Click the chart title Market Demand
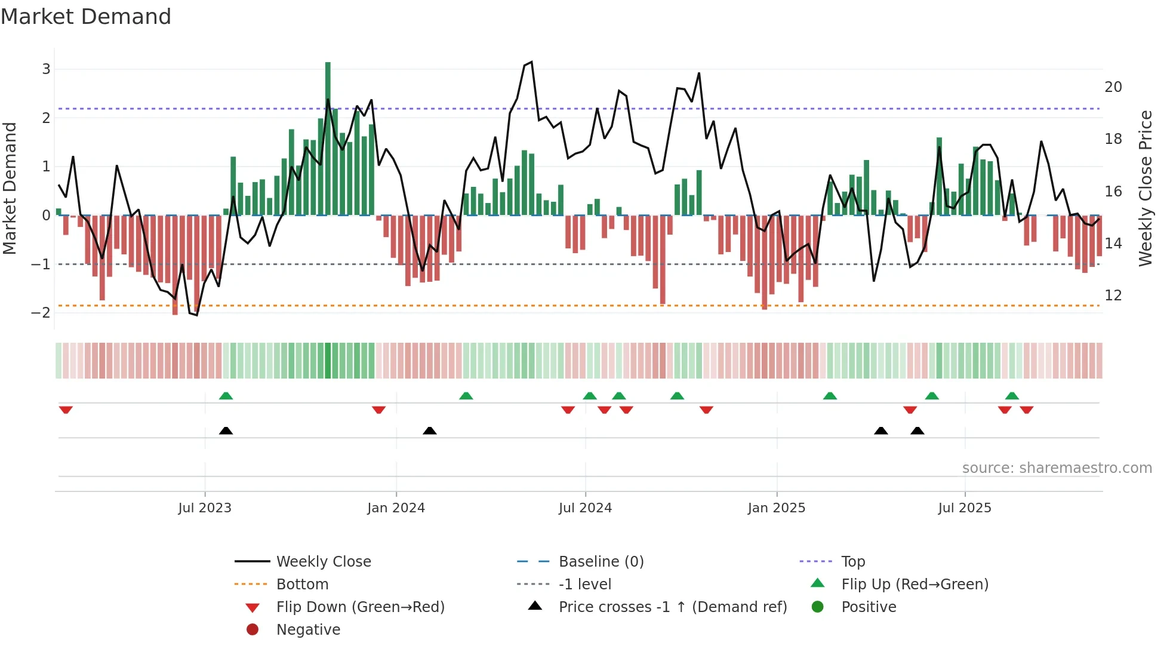pyautogui.click(x=86, y=17)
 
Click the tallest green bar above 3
pyautogui.click(x=328, y=137)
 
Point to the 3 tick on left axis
pyautogui.click(x=46, y=69)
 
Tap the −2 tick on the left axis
pyautogui.click(x=42, y=312)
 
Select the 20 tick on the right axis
pyautogui.click(x=1113, y=87)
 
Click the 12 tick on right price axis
pyautogui.click(x=1113, y=296)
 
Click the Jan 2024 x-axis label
pyautogui.click(x=396, y=508)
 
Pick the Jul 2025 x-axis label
pyautogui.click(x=964, y=508)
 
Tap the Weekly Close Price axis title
pyautogui.click(x=1145, y=188)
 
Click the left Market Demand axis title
pyautogui.click(x=10, y=188)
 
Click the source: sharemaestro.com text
pyautogui.click(x=1057, y=468)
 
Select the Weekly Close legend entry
pyautogui.click(x=323, y=562)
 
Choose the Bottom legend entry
pyautogui.click(x=302, y=585)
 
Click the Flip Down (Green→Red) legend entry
pyautogui.click(x=360, y=607)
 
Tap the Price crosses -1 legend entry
pyautogui.click(x=672, y=607)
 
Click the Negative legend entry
pyautogui.click(x=308, y=630)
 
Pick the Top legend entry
pyautogui.click(x=853, y=562)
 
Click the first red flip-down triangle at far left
pyautogui.click(x=66, y=410)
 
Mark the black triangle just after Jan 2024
pyautogui.click(x=429, y=431)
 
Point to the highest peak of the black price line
pyautogui.click(x=531, y=62)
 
